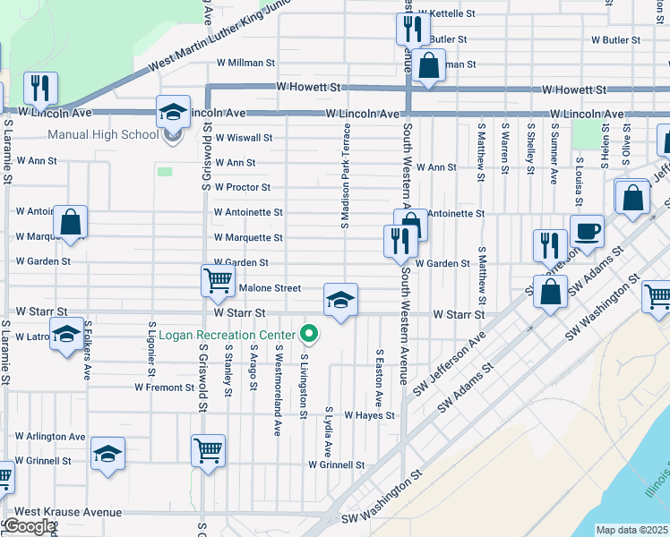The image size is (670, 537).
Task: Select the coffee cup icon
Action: [587, 232]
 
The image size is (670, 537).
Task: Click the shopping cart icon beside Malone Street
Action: [218, 281]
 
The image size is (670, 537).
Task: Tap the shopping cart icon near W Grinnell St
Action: [208, 450]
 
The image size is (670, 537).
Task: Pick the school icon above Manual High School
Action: [174, 113]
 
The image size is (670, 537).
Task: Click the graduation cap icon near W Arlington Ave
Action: [107, 454]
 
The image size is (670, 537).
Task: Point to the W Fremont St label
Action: [164, 388]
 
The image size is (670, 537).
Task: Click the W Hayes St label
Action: [369, 415]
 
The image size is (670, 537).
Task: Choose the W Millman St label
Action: [245, 64]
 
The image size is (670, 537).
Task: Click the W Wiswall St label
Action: [243, 138]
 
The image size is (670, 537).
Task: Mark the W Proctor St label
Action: [242, 187]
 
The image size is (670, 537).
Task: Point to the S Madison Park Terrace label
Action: [344, 175]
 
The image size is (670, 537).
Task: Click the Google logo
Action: [29, 526]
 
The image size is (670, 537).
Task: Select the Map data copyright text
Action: [631, 530]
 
